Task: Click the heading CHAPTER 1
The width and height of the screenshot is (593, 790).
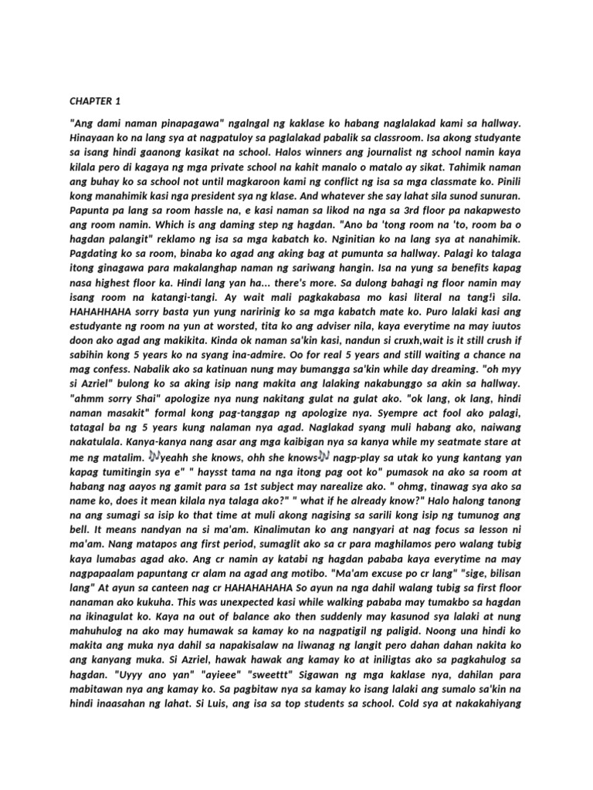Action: pyautogui.click(x=96, y=101)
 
